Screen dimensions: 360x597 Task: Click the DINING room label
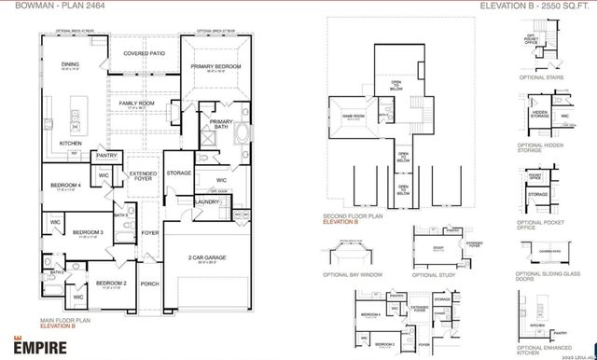click(69, 64)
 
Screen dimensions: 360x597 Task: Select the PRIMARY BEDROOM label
click(216, 66)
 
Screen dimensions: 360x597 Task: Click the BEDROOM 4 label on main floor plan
click(65, 186)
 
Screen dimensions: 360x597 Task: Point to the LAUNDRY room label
click(207, 201)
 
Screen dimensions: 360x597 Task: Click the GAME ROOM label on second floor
click(354, 116)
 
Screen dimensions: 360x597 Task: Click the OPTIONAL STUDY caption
click(433, 276)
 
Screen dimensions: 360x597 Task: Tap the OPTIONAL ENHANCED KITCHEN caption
click(543, 351)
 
